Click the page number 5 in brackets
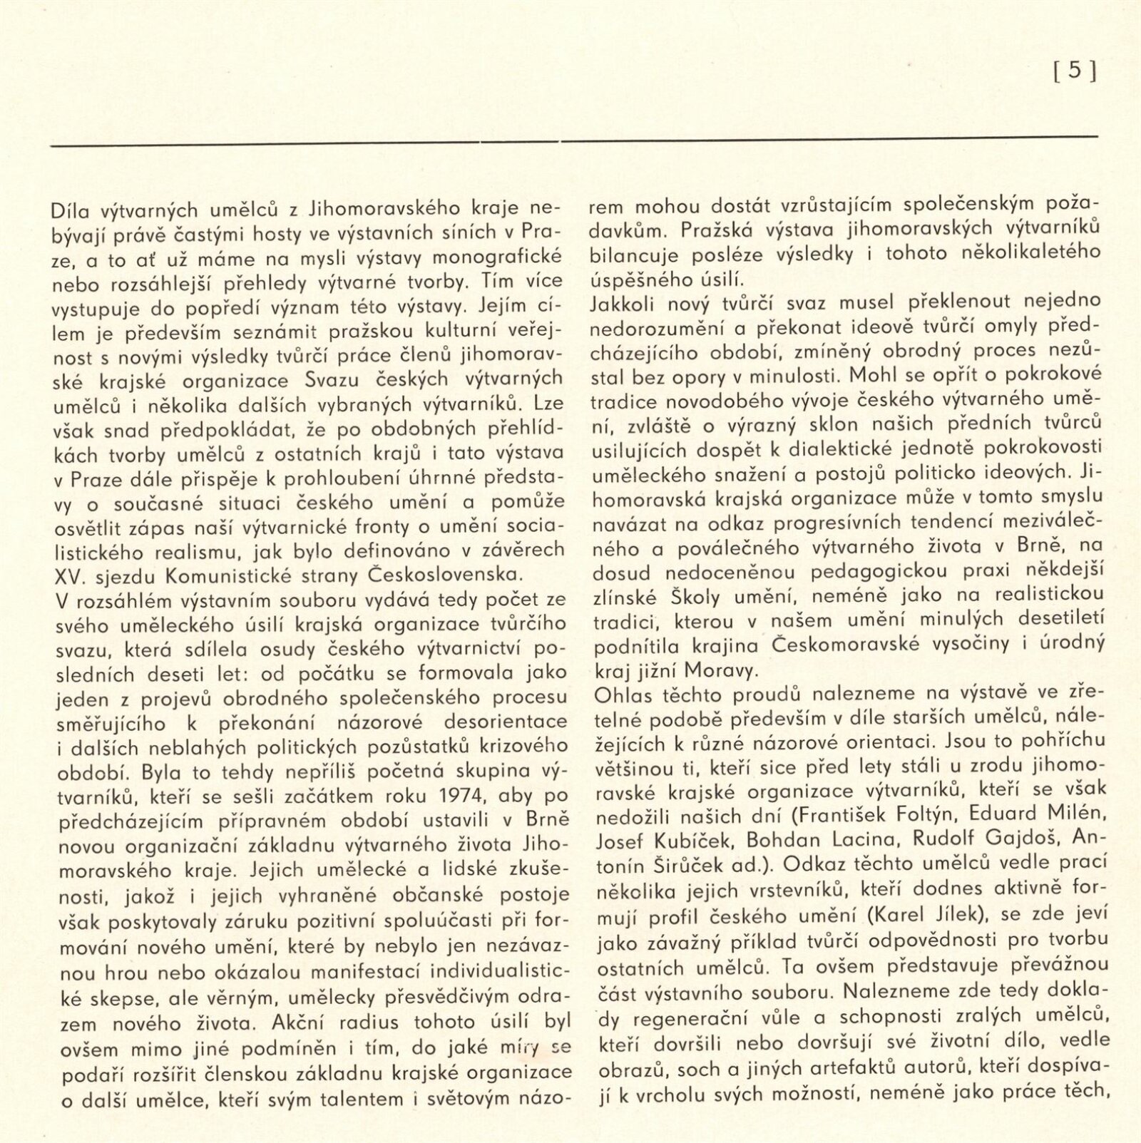tap(1075, 72)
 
